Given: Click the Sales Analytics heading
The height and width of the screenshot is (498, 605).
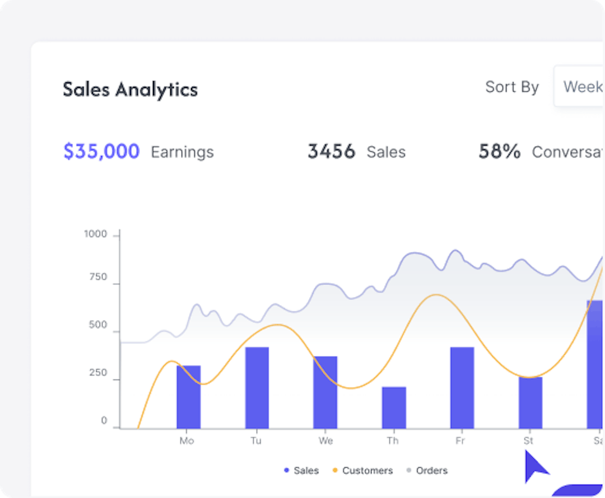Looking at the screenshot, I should tap(130, 90).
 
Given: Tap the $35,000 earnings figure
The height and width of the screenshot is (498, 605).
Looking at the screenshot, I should tap(101, 152).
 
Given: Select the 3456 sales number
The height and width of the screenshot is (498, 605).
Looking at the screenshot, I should tap(331, 152).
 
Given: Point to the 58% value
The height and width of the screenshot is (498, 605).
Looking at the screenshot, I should tap(499, 152).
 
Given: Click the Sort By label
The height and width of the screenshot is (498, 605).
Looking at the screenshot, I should tap(511, 87).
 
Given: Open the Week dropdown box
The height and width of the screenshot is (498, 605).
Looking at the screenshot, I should tap(580, 87).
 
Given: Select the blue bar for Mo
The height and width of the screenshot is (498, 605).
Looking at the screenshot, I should tap(188, 397).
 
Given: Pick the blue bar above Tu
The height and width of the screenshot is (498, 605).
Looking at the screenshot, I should tap(257, 387).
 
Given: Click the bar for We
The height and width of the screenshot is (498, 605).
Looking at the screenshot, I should tap(325, 392).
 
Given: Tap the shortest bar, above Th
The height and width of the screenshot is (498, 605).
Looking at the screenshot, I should tap(394, 407).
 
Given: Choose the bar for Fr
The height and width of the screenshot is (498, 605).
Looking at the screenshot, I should tap(462, 387).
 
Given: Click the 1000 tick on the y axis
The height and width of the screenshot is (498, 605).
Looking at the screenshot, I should tap(95, 234).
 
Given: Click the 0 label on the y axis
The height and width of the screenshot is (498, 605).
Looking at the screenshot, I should tap(104, 421).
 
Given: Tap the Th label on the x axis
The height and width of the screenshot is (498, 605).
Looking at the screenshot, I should tap(393, 441).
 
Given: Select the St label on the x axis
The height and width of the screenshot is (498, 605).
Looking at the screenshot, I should tap(528, 441).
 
